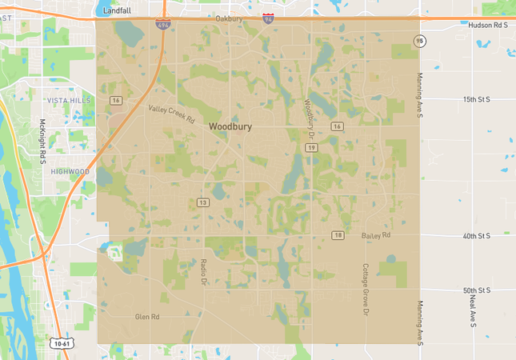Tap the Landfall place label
[x=117, y=10]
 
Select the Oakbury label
[x=229, y=18]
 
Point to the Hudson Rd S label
[x=489, y=25]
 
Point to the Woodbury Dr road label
[x=310, y=117]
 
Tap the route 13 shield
[x=204, y=202]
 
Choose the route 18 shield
[x=338, y=234]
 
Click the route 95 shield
[x=419, y=41]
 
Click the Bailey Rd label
[x=375, y=235]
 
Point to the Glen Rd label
[x=147, y=317]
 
